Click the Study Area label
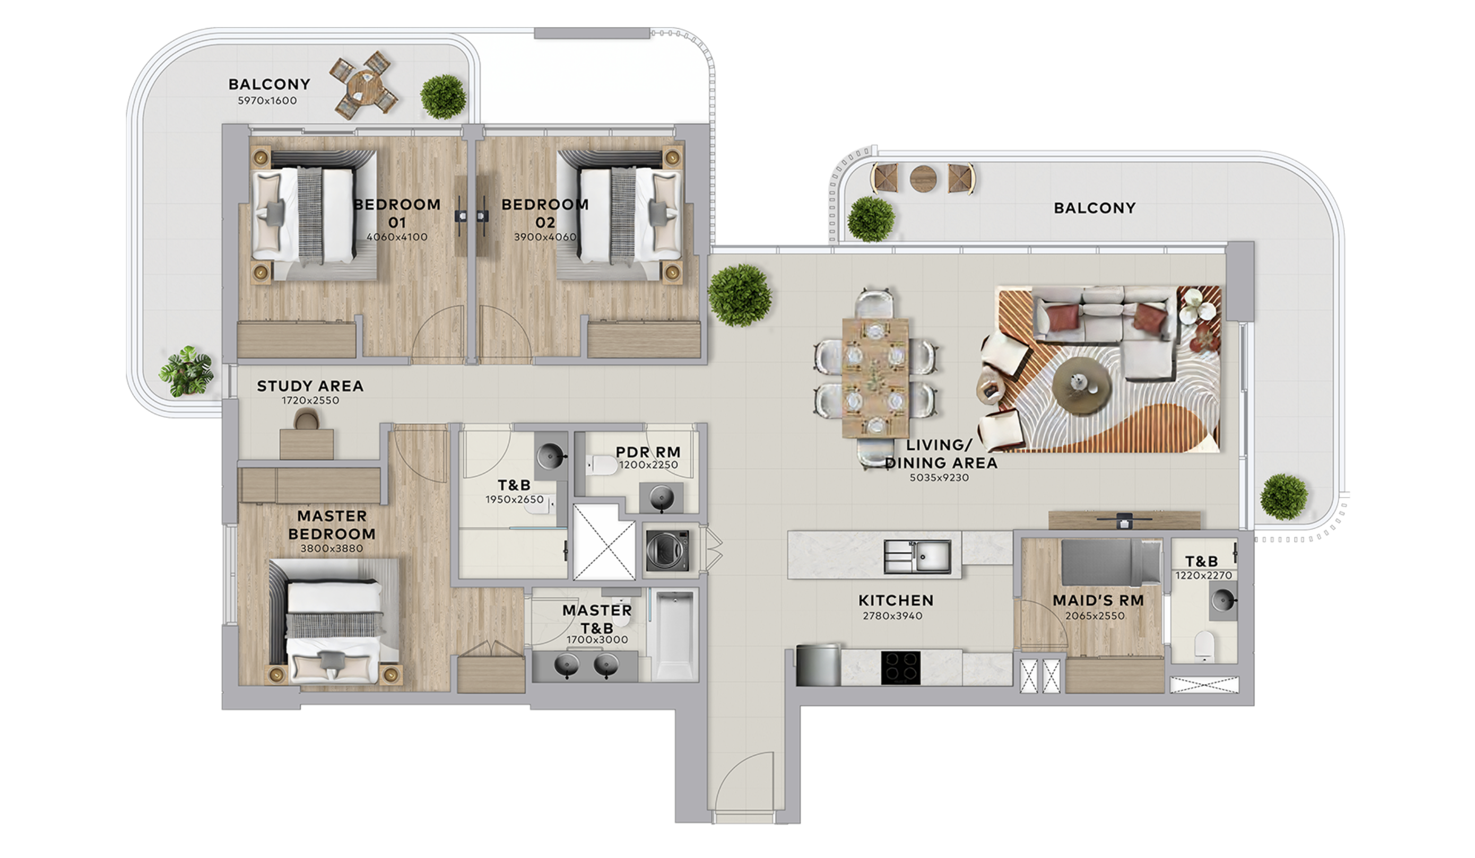pyautogui.click(x=310, y=386)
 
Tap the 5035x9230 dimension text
pyautogui.click(x=940, y=478)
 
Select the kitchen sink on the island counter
pyautogui.click(x=917, y=556)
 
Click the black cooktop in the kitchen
pyautogui.click(x=901, y=667)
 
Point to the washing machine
pyautogui.click(x=667, y=550)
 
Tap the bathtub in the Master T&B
pyautogui.click(x=675, y=635)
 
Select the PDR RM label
pyautogui.click(x=648, y=452)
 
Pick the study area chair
pyautogui.click(x=307, y=419)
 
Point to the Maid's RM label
pyautogui.click(x=1098, y=600)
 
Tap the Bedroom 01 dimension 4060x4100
pyautogui.click(x=397, y=237)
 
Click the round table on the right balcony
pyautogui.click(x=923, y=178)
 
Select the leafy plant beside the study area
pyautogui.click(x=187, y=371)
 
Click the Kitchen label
pyautogui.click(x=896, y=600)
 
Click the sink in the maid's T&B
pyautogui.click(x=1223, y=600)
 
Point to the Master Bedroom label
pyautogui.click(x=332, y=524)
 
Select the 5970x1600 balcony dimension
pyautogui.click(x=267, y=101)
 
